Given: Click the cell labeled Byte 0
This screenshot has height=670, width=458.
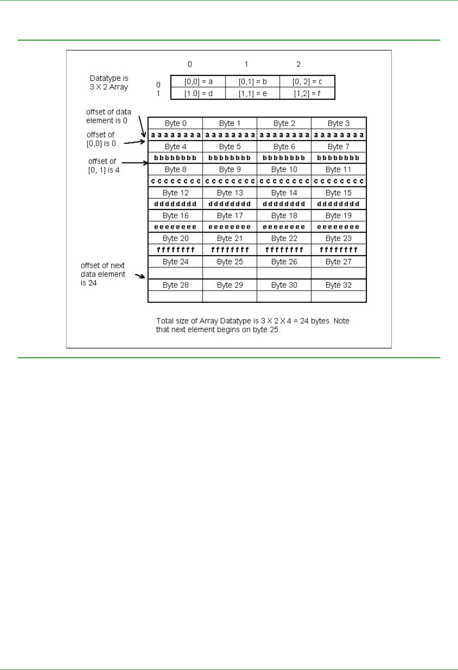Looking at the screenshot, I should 175,123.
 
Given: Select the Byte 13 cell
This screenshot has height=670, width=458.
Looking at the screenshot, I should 229,193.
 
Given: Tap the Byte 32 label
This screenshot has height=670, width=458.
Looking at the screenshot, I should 339,285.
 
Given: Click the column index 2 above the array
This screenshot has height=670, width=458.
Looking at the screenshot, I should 298,64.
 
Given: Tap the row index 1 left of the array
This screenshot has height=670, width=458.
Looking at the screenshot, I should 158,93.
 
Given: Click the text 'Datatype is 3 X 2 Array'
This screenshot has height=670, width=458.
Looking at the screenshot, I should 109,83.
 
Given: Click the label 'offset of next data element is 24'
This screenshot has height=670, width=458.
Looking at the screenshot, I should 103,274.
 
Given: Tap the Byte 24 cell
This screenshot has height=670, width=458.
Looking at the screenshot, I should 175,262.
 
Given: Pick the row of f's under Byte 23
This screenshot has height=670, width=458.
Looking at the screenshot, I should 339,250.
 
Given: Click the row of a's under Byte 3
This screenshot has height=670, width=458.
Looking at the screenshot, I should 339,135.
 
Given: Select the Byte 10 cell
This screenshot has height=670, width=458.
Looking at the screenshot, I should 284,169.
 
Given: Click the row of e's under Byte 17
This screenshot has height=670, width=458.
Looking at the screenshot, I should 229,227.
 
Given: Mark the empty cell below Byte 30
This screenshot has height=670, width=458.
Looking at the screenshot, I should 284,297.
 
